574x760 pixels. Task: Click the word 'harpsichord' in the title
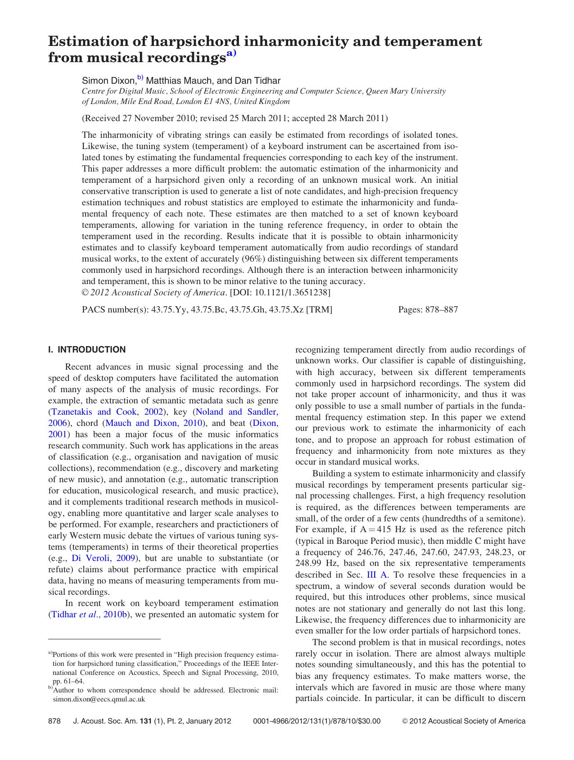[195, 42]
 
